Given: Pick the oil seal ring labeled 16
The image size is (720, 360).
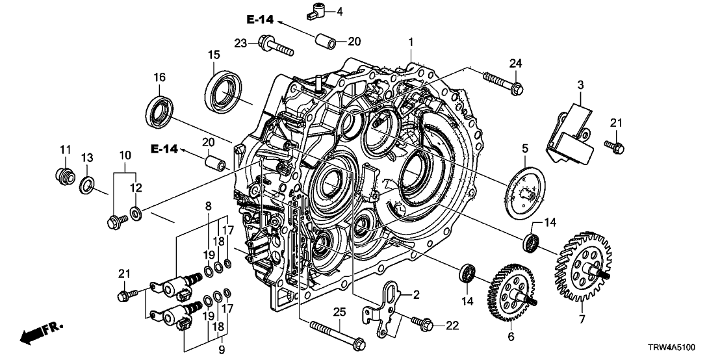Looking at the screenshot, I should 160,110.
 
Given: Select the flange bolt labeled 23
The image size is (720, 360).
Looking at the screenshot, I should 276,46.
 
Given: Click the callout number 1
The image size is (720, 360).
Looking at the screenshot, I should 411,41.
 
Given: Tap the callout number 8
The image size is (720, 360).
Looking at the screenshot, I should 209,206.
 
